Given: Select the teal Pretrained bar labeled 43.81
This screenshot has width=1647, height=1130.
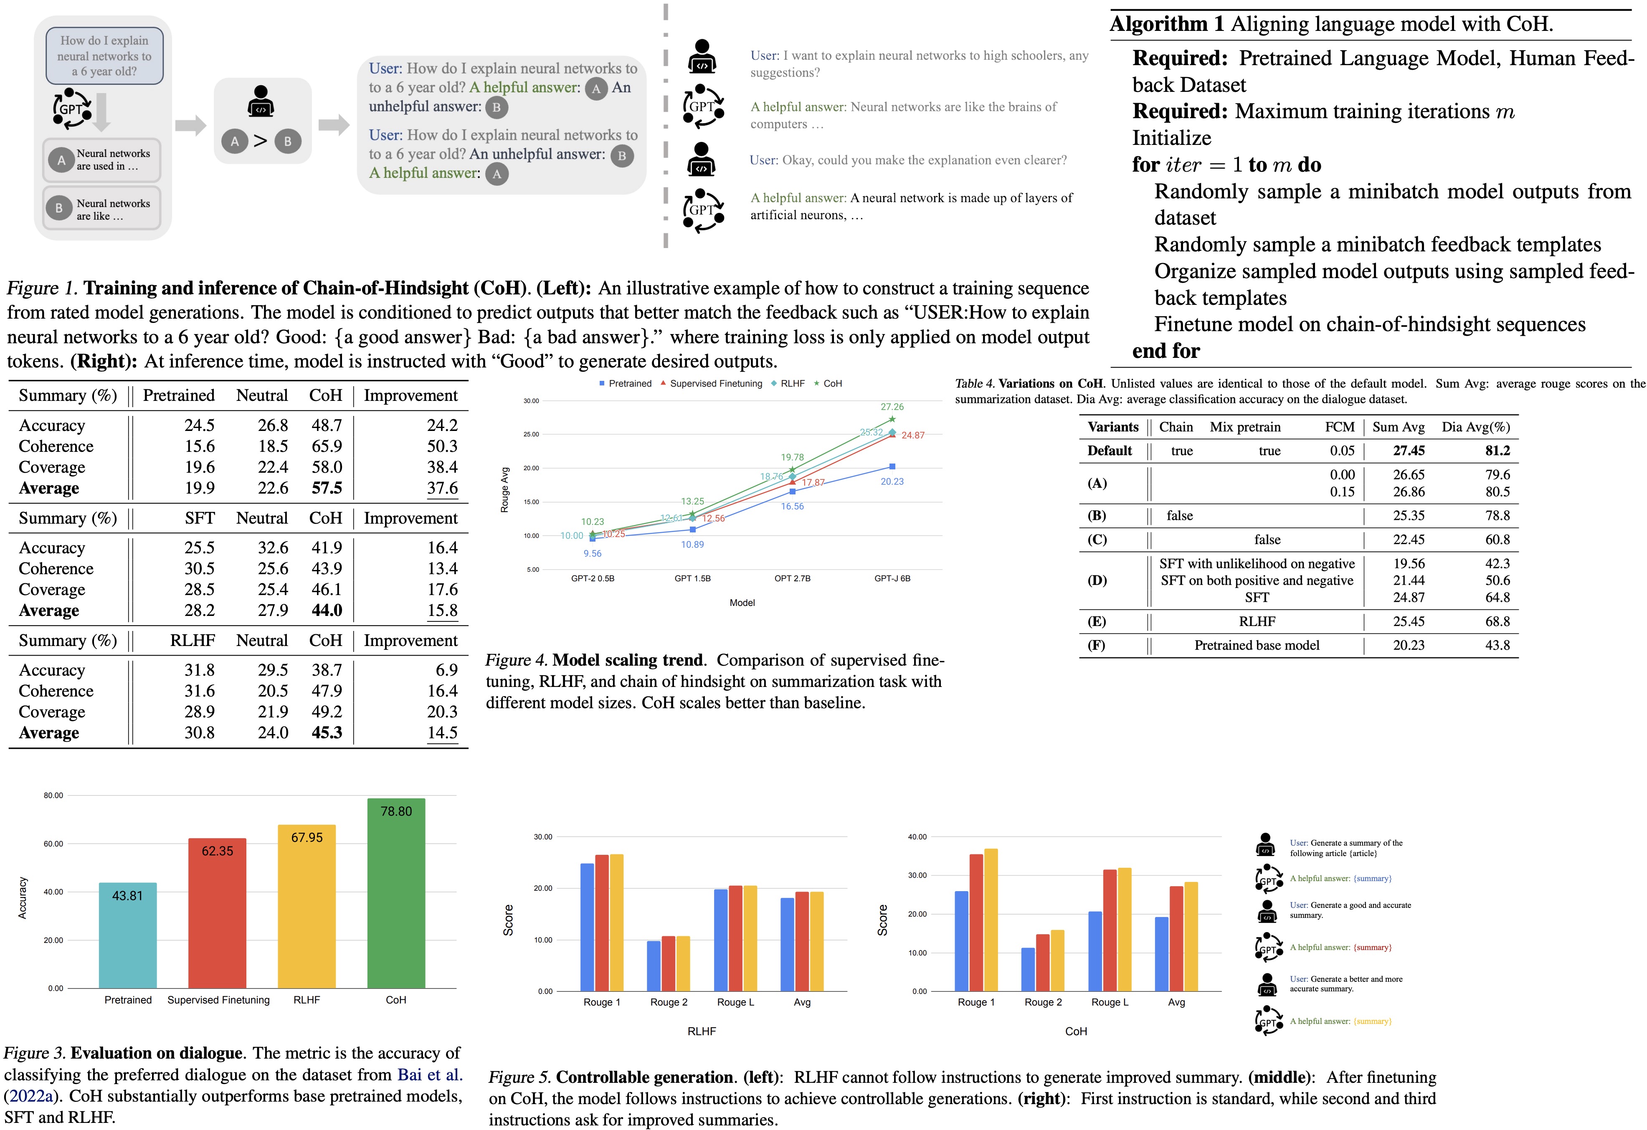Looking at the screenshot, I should click(127, 935).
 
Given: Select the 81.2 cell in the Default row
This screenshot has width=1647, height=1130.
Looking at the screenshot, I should click(1498, 451).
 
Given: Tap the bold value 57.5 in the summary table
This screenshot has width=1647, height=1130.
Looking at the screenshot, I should click(327, 488).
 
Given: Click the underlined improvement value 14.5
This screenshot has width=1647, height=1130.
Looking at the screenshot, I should click(442, 732).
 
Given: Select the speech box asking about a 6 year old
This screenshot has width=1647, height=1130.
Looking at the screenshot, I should click(104, 56).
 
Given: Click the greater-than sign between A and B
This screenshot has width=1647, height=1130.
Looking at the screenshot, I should click(261, 141).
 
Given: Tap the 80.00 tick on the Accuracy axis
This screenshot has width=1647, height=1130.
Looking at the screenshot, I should click(53, 796).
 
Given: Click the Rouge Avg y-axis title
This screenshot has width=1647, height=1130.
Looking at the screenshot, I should click(504, 489).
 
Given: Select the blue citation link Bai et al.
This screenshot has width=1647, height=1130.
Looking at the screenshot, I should click(429, 1075).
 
